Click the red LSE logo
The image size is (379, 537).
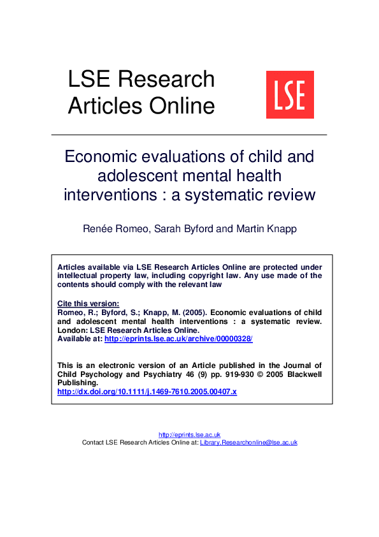pos(290,94)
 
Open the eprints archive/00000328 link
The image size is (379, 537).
pos(178,339)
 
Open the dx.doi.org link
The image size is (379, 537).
pos(147,392)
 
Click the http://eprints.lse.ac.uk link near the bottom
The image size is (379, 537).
pos(189,434)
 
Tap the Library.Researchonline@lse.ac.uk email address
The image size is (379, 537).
pos(248,442)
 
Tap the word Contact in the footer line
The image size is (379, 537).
pos(93,442)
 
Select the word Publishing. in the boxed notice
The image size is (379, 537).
pos(76,383)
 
